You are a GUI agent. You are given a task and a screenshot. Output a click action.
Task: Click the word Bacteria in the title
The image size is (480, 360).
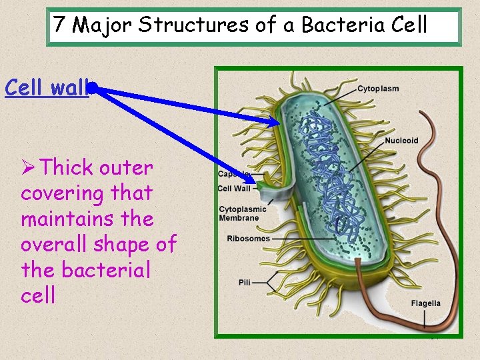coord(343,25)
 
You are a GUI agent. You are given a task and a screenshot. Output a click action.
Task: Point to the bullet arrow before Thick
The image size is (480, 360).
coord(29,168)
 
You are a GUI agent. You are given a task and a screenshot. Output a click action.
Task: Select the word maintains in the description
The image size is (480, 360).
coord(87,219)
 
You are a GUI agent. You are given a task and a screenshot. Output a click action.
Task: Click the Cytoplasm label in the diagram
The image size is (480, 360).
coord(378,89)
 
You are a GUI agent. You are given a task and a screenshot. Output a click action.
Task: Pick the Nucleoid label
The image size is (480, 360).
coord(401,141)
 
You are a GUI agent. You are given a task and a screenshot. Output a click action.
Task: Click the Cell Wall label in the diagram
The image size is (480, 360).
coord(234,189)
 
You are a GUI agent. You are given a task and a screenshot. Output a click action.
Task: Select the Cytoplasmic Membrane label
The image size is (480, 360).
coord(242,213)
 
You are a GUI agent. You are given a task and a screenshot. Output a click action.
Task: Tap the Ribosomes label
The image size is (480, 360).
coord(248,239)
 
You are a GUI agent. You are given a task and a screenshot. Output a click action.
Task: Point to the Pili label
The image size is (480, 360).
coord(245,283)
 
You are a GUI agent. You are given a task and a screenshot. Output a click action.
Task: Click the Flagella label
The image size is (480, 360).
coord(425,303)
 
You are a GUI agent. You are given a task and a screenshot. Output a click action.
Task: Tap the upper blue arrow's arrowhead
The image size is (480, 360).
coord(275,123)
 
